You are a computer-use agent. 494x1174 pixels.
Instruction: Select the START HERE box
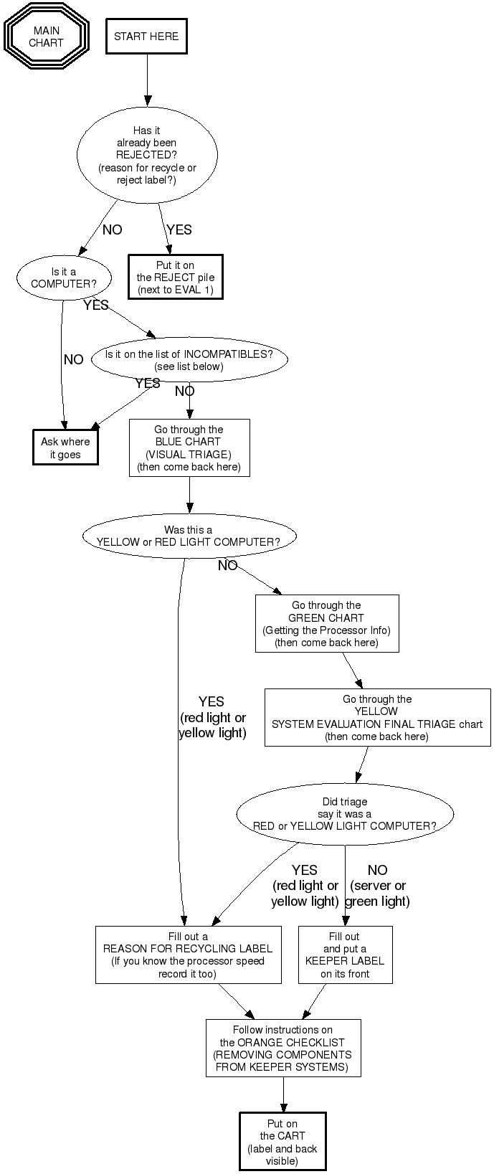[x=146, y=37]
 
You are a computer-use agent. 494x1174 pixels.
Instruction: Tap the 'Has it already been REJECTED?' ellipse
[x=147, y=155]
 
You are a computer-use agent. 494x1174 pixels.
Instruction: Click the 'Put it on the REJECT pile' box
[x=176, y=278]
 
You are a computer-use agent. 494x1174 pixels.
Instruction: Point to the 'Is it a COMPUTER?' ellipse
[x=64, y=278]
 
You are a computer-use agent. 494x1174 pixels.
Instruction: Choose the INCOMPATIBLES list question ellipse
[x=189, y=360]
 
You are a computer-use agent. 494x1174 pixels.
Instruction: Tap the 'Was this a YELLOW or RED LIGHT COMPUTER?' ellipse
[x=189, y=536]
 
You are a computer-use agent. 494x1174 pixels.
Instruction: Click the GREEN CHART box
[x=326, y=623]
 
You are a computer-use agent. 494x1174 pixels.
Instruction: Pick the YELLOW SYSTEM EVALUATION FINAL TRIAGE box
[x=377, y=718]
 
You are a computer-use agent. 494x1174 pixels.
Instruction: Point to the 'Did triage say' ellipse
[x=345, y=813]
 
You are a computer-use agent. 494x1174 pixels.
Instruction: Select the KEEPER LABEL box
[x=345, y=955]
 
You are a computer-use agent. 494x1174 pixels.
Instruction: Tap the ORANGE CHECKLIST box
[x=282, y=1048]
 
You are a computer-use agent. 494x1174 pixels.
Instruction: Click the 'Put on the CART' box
[x=282, y=1142]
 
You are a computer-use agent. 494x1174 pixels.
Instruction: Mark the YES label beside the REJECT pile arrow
[x=179, y=229]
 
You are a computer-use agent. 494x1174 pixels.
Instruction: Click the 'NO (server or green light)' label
[x=377, y=886]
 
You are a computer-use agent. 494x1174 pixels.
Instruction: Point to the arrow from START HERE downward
[x=148, y=79]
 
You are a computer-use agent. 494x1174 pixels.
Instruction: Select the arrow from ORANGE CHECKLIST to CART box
[x=283, y=1094]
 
